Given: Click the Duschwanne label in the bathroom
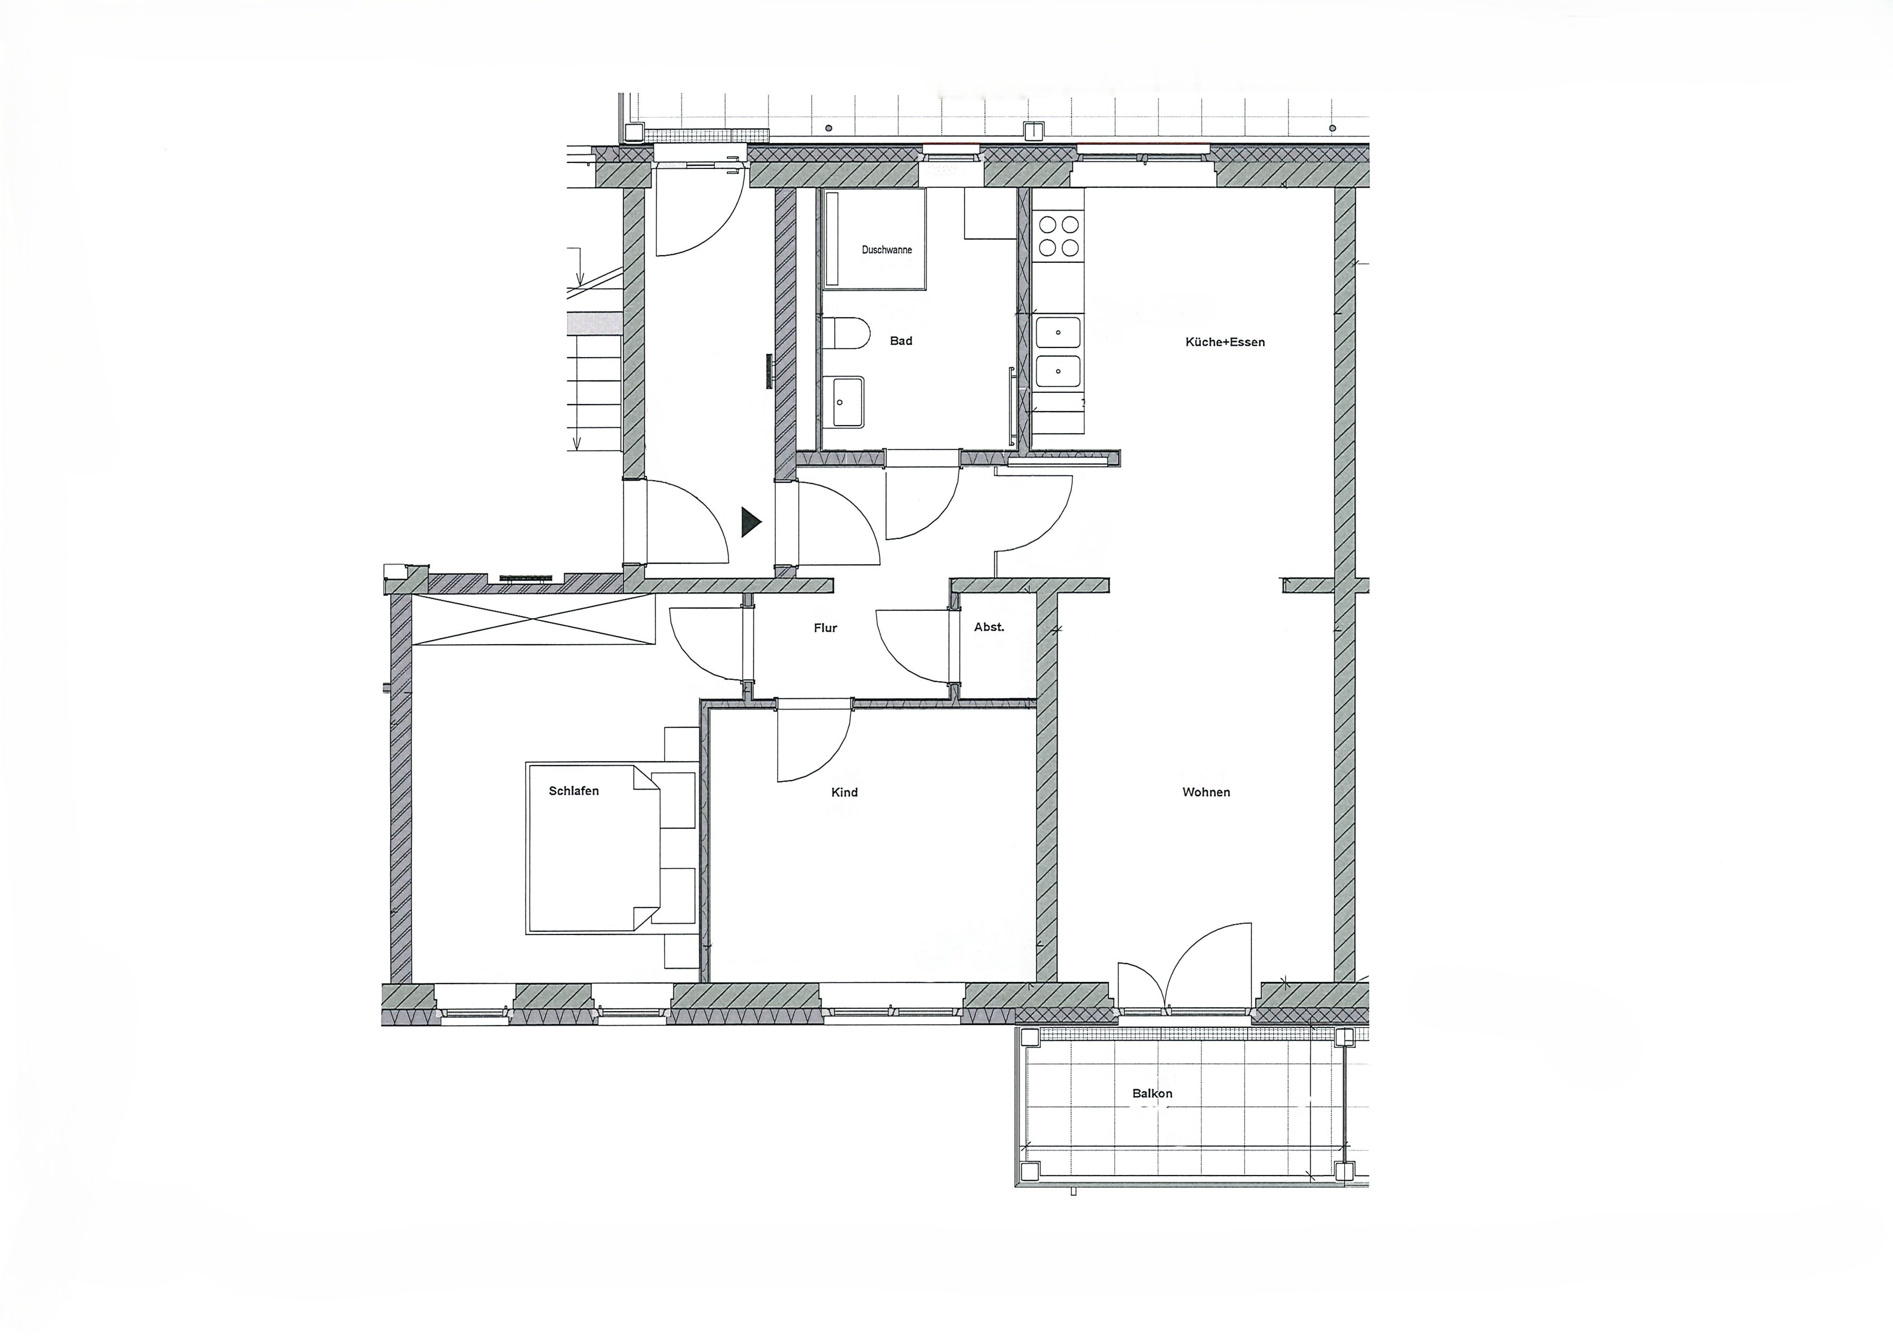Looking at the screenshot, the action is point(887,250).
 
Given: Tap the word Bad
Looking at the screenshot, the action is point(901,340).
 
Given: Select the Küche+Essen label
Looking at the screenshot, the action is point(1225,342).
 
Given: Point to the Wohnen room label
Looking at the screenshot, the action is point(1206,792).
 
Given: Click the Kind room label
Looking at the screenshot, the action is point(845,792).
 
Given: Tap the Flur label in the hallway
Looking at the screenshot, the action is point(825,628).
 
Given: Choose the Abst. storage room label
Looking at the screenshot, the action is point(989,627).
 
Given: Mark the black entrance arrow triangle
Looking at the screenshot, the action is point(750,522).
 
